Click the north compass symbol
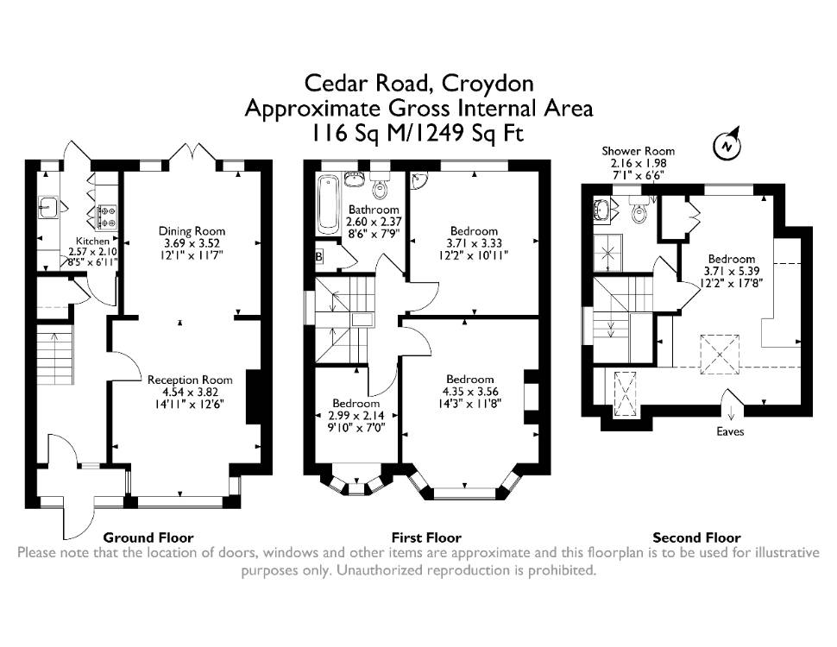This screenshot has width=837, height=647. point(727,144)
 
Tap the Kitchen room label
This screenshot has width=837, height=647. point(92,242)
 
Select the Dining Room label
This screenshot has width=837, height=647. point(192,231)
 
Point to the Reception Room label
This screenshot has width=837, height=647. point(190,380)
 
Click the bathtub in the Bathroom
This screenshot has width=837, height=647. point(328,204)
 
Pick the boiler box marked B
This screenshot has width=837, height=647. point(319,257)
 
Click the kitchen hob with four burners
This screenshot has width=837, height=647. point(106,217)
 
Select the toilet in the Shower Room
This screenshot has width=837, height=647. point(639,210)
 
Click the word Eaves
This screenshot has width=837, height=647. point(730,431)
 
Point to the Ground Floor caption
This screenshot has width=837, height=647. point(148,537)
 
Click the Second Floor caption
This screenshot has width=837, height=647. point(696,537)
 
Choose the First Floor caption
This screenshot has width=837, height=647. point(426,537)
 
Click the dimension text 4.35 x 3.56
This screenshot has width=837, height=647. point(469,392)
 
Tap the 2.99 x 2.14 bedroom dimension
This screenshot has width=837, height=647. point(356,415)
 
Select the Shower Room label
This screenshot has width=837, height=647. point(639,151)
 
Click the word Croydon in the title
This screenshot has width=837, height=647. point(488,84)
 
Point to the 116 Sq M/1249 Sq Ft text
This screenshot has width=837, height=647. point(418,134)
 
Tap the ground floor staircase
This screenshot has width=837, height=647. point(54,351)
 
